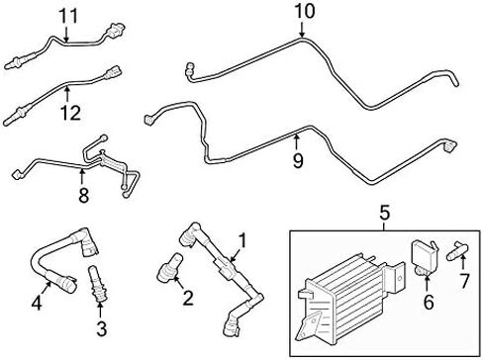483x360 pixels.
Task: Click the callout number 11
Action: [x=66, y=15]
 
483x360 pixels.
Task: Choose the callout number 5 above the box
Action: [x=385, y=211]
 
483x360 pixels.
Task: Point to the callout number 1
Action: [x=243, y=240]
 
